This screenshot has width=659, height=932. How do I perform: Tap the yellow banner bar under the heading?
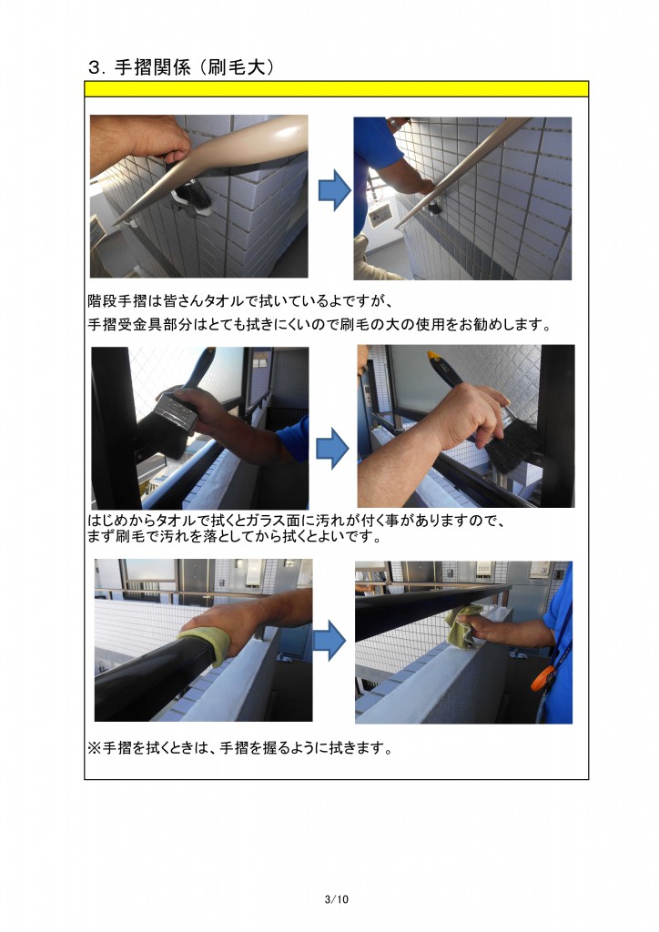tap(336, 88)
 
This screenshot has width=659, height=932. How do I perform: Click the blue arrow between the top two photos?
tap(334, 190)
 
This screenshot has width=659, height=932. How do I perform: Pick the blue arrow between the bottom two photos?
tap(329, 643)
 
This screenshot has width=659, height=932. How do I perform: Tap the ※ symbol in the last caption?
tap(93, 749)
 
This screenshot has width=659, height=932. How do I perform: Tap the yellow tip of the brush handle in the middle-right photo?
tap(435, 356)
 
